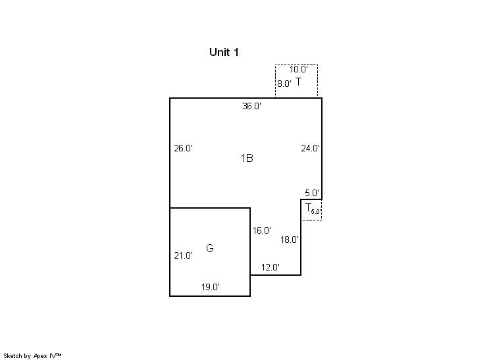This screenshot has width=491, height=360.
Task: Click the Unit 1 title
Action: click(224, 52)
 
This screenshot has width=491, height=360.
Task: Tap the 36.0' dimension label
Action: click(252, 106)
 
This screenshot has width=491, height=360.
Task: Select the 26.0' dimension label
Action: click(183, 148)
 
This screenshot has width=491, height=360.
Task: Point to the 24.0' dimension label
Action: click(310, 148)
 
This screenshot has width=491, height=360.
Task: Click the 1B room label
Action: click(247, 158)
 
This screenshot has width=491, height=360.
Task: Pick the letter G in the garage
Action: click(210, 248)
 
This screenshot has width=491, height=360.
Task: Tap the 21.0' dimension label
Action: click(183, 255)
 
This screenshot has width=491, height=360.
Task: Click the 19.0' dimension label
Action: click(210, 287)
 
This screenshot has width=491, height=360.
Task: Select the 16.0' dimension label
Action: click(261, 230)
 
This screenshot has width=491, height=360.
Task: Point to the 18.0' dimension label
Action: click(290, 240)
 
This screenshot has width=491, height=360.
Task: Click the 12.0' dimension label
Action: click(270, 267)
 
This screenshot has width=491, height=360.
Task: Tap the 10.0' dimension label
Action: click(299, 69)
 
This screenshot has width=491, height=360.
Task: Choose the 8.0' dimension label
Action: click(284, 84)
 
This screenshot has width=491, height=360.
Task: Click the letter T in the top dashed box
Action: click(299, 82)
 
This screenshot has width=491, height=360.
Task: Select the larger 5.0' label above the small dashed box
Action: click(312, 193)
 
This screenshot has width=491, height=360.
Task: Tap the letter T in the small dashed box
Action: click(307, 207)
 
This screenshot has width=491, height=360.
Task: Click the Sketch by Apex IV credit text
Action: click(32, 355)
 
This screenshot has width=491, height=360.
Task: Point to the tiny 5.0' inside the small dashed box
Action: click(315, 211)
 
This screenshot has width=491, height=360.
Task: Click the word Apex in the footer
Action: click(41, 355)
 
